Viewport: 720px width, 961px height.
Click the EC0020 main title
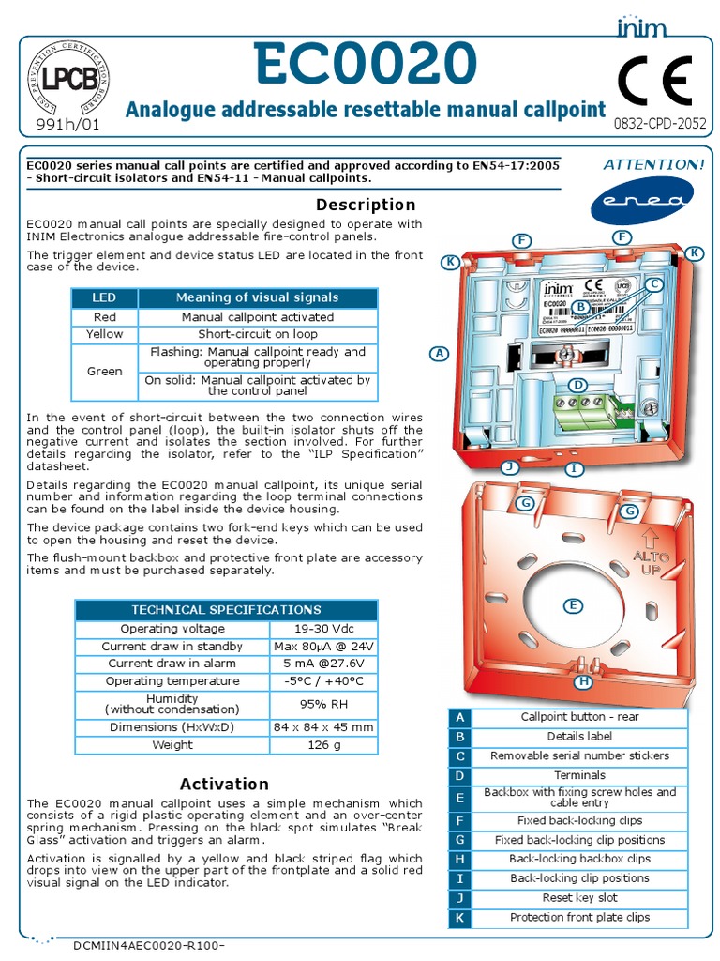point(365,66)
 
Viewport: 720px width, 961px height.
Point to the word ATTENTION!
point(653,164)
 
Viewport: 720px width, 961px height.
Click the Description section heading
point(366,205)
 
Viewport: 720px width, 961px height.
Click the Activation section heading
point(224,784)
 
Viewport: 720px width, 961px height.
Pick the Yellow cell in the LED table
point(104,334)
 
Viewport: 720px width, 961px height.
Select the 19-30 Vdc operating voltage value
point(323,629)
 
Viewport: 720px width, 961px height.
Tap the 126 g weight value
point(323,745)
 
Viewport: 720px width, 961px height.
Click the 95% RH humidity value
point(323,704)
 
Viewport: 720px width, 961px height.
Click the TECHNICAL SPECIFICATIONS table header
point(225,609)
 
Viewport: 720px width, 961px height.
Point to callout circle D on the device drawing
point(578,385)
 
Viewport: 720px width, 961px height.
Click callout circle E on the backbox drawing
point(571,605)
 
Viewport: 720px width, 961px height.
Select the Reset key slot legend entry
point(579,898)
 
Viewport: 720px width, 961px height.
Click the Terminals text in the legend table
point(579,775)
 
